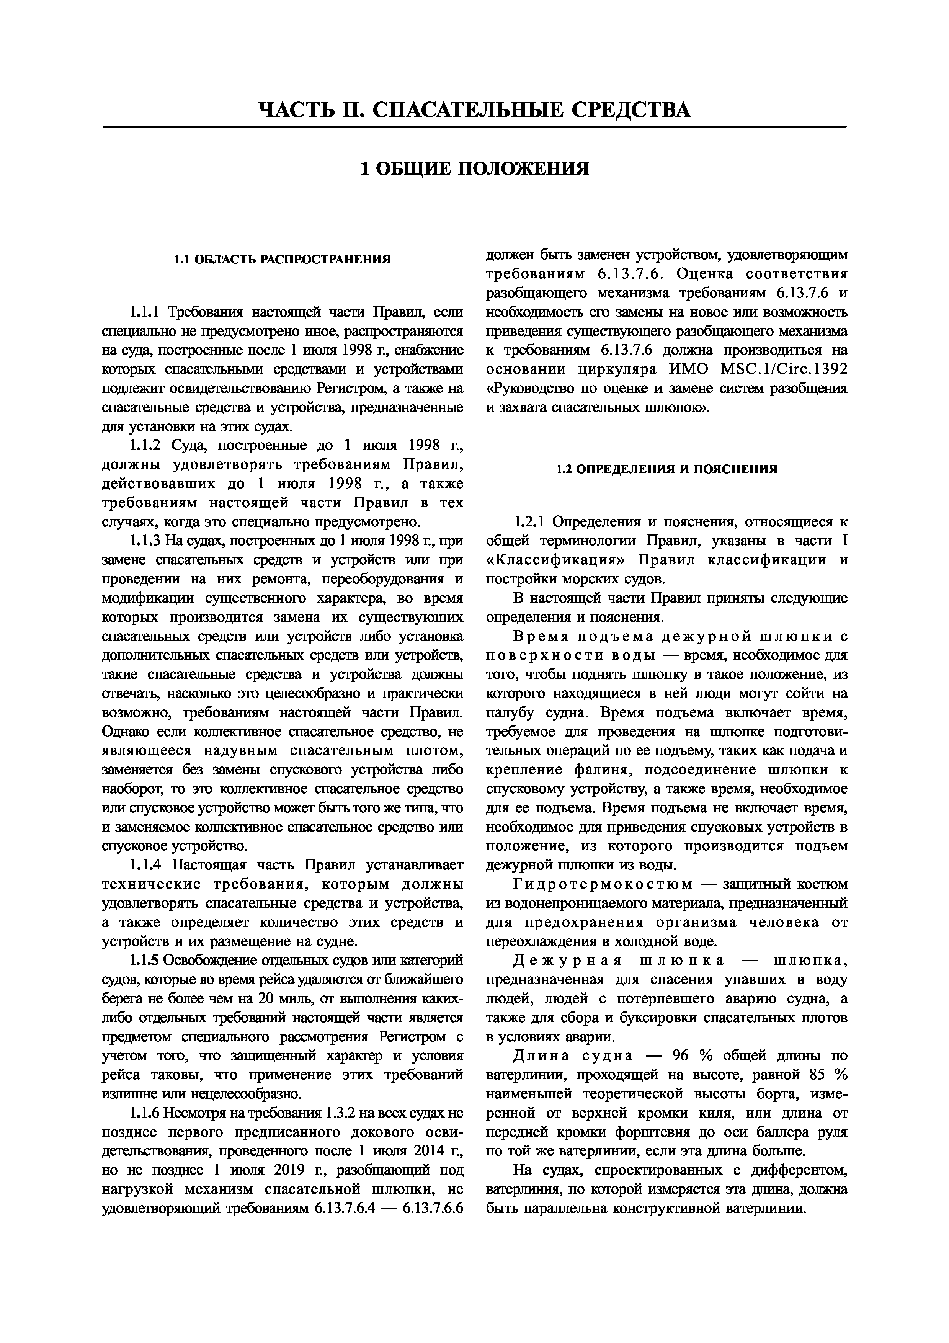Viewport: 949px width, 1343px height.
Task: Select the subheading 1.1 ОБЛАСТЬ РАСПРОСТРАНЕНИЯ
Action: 283,259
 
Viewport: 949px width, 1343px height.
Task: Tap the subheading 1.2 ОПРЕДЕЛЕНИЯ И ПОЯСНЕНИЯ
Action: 666,469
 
